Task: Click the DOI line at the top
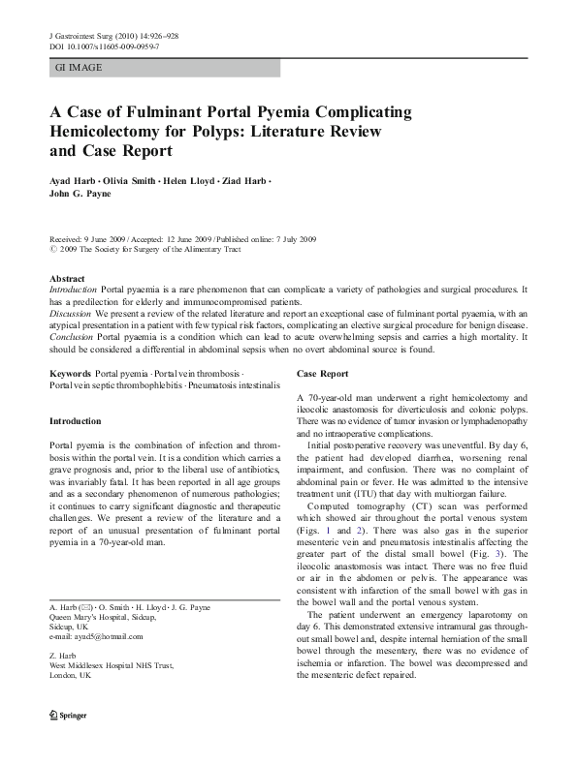tap(105, 46)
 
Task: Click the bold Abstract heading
tap(67, 278)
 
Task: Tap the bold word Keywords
tap(71, 373)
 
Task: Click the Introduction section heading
tap(75, 421)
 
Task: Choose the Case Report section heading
tap(323, 373)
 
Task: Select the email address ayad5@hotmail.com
tap(111, 636)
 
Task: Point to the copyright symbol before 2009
tap(52, 249)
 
